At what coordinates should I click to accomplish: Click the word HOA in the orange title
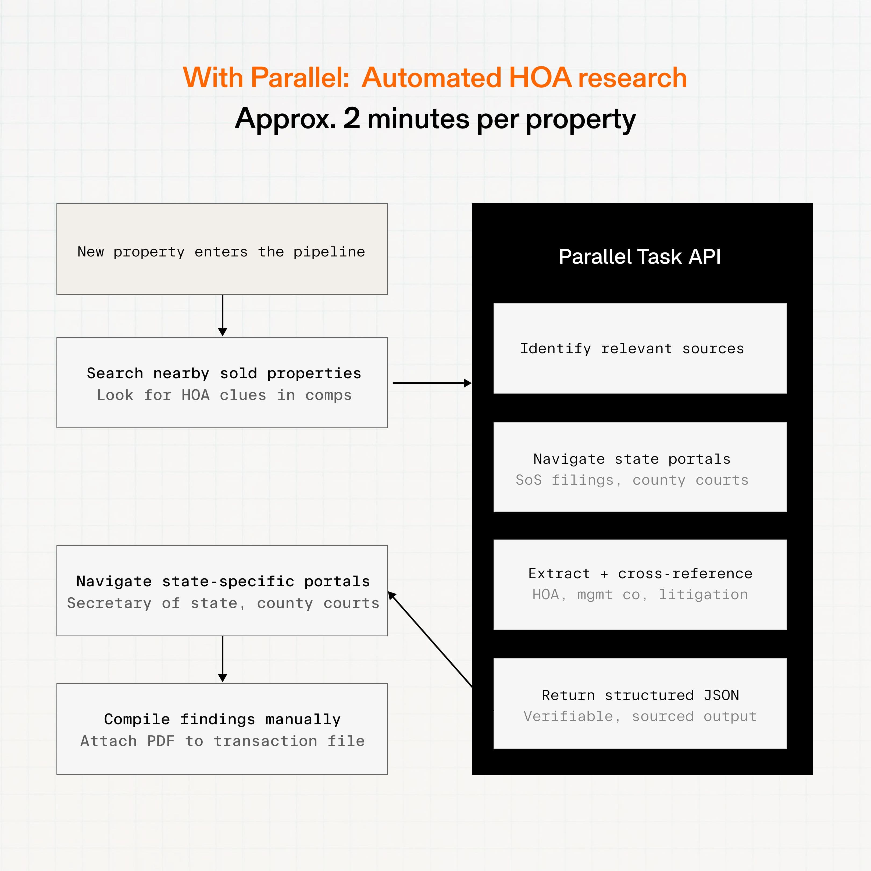click(x=540, y=77)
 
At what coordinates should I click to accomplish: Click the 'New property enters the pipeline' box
click(x=222, y=249)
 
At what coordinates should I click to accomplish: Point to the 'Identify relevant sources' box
click(x=640, y=348)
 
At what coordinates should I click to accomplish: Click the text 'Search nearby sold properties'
click(x=224, y=373)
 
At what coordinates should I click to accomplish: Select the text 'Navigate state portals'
click(x=632, y=459)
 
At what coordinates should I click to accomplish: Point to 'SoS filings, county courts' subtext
click(x=632, y=480)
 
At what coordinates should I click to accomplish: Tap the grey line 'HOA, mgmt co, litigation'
click(x=640, y=595)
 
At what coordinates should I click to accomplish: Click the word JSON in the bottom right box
click(x=721, y=695)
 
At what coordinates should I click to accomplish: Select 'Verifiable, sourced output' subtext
click(x=640, y=716)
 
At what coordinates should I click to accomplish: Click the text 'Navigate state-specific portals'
click(x=223, y=581)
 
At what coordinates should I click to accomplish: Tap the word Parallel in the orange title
click(x=300, y=77)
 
